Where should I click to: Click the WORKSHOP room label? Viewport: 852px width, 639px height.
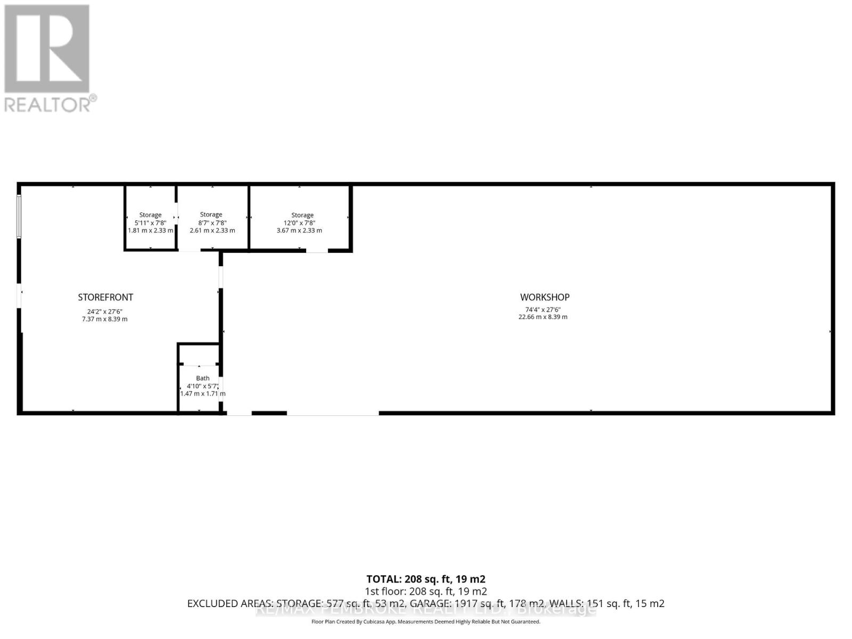click(x=544, y=297)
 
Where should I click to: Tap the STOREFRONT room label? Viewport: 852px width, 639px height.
click(x=105, y=297)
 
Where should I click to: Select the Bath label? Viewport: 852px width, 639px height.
click(x=203, y=378)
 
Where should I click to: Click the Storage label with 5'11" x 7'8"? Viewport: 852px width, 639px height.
click(x=150, y=215)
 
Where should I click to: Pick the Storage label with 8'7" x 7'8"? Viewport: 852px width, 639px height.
click(x=211, y=215)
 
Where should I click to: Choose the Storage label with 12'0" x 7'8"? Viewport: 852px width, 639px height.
click(x=302, y=215)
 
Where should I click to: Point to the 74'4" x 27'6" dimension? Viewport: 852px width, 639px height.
click(x=543, y=309)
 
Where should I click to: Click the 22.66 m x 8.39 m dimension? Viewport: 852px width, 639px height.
click(x=543, y=317)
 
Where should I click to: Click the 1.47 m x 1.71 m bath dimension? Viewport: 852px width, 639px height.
click(x=203, y=394)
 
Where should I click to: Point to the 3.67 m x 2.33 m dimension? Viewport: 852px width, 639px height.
click(x=299, y=231)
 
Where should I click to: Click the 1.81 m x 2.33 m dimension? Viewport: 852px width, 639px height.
click(x=150, y=231)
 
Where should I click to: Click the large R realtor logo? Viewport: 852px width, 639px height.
click(x=47, y=49)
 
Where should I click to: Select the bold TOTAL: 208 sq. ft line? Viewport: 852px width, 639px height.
click(x=425, y=579)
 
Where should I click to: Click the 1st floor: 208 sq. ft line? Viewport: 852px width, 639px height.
click(x=425, y=591)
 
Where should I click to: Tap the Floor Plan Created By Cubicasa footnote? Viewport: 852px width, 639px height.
click(x=425, y=621)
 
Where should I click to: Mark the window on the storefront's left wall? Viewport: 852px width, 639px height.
click(x=19, y=216)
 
